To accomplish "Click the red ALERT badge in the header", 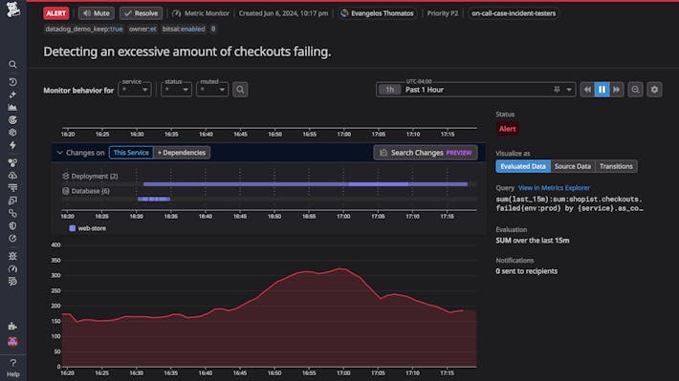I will click(x=56, y=13).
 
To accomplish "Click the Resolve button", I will click(x=142, y=13).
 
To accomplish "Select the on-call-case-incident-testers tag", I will click(x=515, y=13).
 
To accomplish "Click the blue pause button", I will click(x=602, y=89).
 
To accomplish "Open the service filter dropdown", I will click(x=136, y=90).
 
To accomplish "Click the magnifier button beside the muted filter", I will click(x=241, y=90).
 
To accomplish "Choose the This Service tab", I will click(x=131, y=152).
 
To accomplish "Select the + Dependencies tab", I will click(x=182, y=152).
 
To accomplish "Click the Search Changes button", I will click(x=425, y=152).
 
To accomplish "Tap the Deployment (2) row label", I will click(x=95, y=176).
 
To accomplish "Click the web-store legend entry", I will click(x=92, y=228).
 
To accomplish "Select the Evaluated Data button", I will click(x=522, y=166).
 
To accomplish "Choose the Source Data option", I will click(x=572, y=166).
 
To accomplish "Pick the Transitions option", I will click(x=616, y=166).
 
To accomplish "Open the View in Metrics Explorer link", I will click(x=554, y=188).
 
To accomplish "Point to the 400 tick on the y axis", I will click(x=55, y=245).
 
